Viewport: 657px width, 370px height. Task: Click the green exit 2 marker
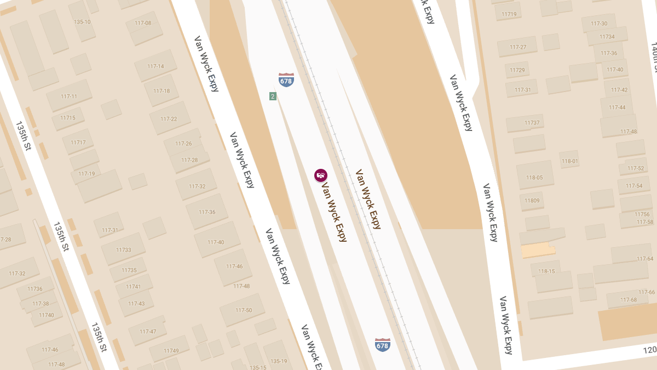273,96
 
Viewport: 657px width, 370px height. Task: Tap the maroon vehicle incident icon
321,175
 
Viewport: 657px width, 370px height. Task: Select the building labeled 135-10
82,22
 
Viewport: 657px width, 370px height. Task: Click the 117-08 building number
142,23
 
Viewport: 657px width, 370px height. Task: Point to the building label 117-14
155,66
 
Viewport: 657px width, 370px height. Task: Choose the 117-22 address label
169,119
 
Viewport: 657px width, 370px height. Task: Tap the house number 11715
68,118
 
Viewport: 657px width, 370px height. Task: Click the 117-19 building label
87,174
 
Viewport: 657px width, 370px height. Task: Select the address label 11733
124,250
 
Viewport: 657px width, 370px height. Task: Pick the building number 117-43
136,304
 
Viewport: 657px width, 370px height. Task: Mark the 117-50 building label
244,310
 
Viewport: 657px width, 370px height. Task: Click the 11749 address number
171,351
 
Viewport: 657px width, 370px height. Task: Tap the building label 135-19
279,361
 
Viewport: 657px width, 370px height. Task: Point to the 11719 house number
509,14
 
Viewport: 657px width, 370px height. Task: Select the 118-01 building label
569,161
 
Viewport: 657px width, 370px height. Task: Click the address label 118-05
534,178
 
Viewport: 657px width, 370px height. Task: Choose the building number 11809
532,201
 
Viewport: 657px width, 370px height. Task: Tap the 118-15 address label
546,271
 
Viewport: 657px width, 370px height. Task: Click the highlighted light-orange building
537,251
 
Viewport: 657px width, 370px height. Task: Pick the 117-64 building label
645,259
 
